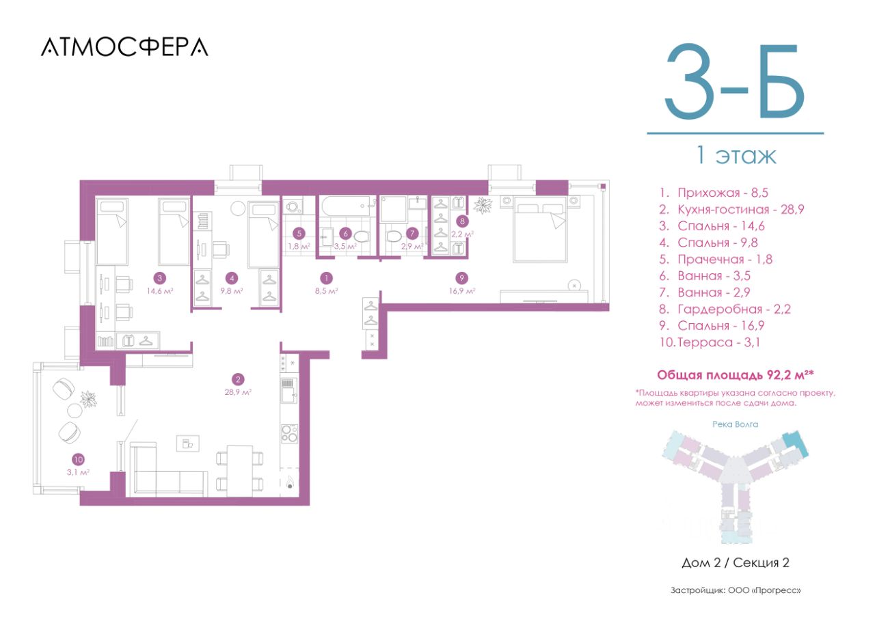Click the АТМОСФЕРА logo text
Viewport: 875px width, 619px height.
point(124,47)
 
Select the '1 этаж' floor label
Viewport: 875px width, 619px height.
point(736,155)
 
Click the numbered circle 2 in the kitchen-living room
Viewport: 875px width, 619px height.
point(237,379)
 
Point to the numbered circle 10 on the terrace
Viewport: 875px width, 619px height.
point(78,459)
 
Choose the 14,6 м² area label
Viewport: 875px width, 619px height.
point(160,291)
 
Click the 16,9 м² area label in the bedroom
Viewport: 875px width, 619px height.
point(461,291)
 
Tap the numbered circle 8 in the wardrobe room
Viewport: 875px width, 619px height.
point(462,221)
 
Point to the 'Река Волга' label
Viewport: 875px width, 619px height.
point(735,424)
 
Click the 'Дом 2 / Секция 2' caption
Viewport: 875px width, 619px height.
point(736,562)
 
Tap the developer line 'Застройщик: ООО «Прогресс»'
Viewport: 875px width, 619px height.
point(736,590)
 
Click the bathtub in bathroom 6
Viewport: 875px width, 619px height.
point(347,206)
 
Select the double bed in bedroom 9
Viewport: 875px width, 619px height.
point(540,229)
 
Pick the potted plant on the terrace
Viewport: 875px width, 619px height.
point(89,399)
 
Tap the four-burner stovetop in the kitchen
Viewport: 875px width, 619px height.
point(289,433)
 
